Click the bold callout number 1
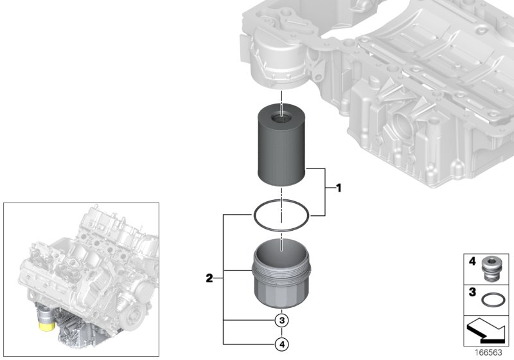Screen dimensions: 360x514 [x=336, y=188]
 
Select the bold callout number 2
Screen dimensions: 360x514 [x=209, y=278]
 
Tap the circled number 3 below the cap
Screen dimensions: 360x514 [x=281, y=320]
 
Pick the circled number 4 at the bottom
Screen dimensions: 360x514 [x=281, y=345]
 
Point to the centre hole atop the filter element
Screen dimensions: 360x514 [x=281, y=117]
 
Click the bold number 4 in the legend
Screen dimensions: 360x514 [x=471, y=262]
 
